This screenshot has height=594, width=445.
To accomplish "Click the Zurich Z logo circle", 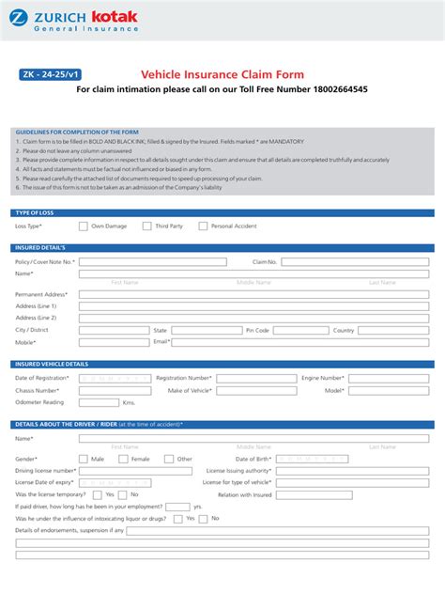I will pos(15,17).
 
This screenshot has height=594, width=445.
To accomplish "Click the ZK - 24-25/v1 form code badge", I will pos(49,74).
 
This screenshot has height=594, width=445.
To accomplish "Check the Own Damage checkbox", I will pos(84,226).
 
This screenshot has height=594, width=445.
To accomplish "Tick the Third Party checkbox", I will pos(146,226).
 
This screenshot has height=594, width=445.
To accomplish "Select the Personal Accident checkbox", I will pos(203,226).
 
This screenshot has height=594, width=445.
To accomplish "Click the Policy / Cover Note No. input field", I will pos(152,262).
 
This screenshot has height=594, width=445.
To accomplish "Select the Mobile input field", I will pos(114,342).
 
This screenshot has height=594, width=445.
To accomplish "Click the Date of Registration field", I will pos(114,378).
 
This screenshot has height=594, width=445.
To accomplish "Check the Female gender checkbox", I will pos(123,459).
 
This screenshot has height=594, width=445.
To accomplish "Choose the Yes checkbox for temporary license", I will pos(98,494).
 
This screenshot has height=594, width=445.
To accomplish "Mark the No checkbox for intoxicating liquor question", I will pos(204,518).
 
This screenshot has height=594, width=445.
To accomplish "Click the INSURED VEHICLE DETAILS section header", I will pos(53,363).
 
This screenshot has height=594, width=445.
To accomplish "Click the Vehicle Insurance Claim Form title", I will pos(222,74).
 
